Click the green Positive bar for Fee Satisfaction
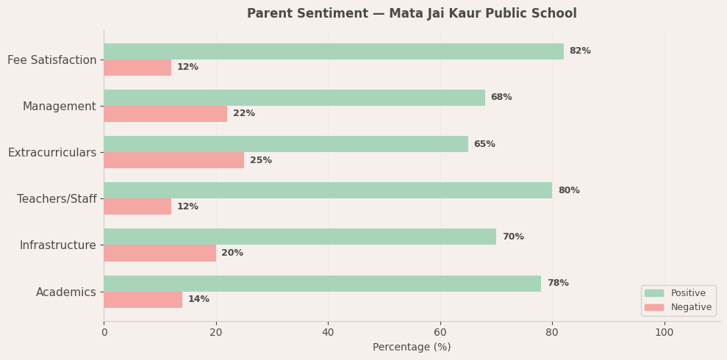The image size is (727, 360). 334,51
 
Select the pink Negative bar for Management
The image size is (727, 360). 165,114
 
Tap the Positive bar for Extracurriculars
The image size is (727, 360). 286,144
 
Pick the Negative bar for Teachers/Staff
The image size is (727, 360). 137,206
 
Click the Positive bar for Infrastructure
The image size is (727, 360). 300,237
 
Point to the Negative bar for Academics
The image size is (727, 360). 143,300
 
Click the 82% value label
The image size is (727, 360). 580,51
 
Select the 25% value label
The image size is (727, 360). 261,160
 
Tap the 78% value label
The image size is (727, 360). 558,284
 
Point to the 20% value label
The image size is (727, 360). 232,253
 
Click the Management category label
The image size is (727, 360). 60,107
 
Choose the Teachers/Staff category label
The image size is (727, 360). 57,199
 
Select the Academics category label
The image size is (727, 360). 66,292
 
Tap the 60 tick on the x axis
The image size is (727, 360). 440,332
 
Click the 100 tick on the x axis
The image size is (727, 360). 665,332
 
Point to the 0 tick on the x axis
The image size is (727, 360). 104,332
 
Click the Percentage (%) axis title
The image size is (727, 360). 412,348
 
